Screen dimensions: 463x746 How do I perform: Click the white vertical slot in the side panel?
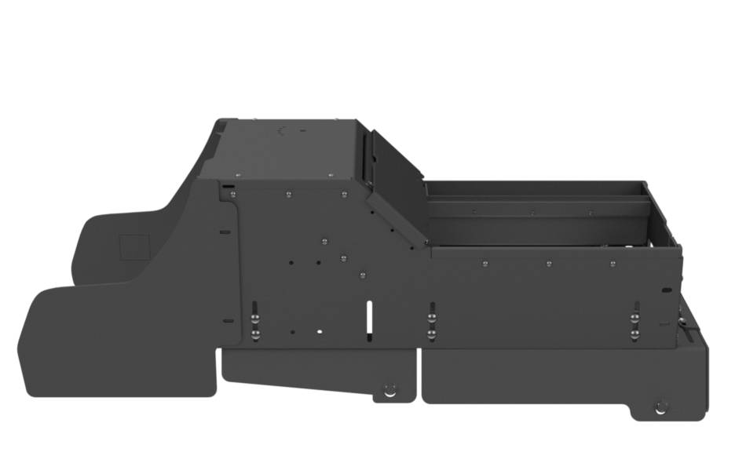click(x=368, y=315)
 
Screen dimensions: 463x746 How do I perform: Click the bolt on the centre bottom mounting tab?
click(x=389, y=389)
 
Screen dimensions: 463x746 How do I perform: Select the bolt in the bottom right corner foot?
click(x=661, y=406)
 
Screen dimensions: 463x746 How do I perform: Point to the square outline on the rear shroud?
click(x=133, y=247)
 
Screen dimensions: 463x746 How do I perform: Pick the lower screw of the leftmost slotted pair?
click(x=255, y=334)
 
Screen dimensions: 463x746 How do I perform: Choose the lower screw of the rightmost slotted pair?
click(x=634, y=334)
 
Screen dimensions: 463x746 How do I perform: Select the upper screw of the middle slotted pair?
click(x=431, y=318)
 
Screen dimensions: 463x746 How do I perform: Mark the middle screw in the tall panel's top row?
click(x=289, y=191)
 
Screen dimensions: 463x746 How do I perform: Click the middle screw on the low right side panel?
click(x=548, y=264)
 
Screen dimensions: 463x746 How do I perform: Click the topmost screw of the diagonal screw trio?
click(x=323, y=241)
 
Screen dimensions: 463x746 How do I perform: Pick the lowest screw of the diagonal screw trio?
click(x=362, y=275)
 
